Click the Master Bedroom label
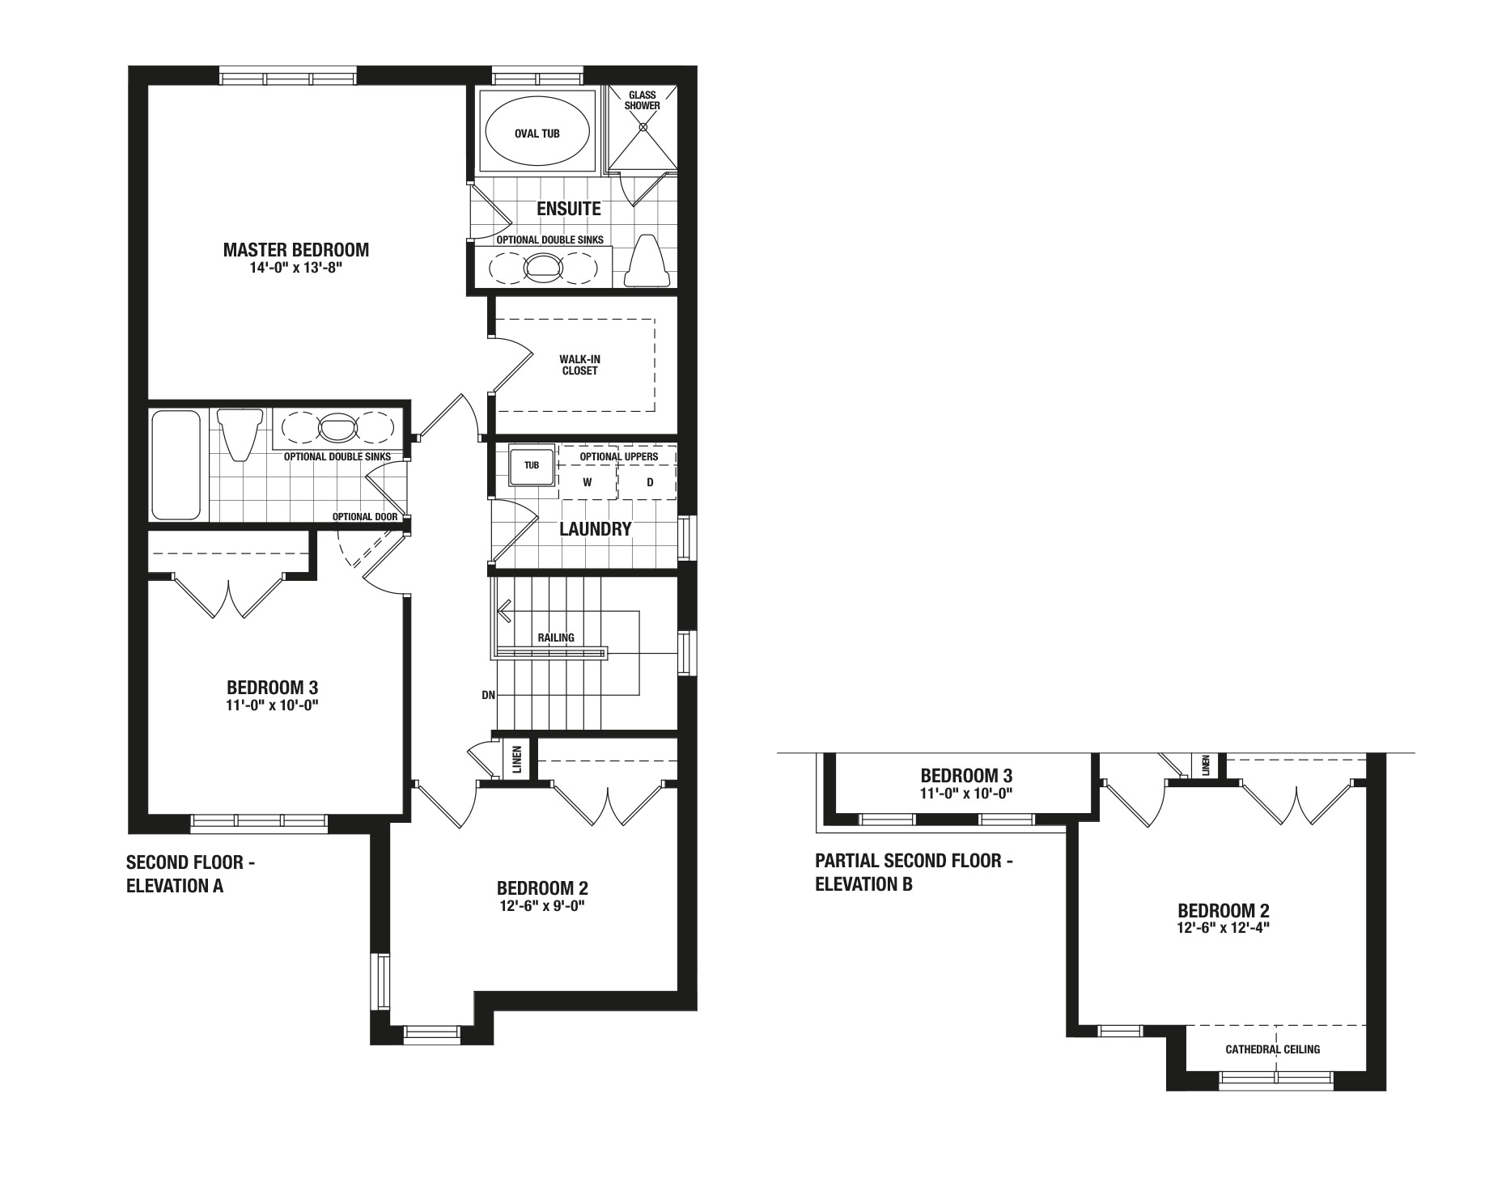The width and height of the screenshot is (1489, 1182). (x=295, y=250)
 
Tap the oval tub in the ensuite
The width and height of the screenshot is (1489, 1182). (x=537, y=133)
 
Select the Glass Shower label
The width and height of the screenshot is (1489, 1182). (x=642, y=100)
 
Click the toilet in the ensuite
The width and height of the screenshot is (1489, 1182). (x=647, y=261)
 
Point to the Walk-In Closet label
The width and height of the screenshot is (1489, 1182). (x=579, y=365)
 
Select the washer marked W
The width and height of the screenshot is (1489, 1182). (x=588, y=483)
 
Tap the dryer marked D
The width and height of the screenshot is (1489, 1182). (x=649, y=483)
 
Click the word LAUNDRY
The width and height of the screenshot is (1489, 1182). (x=596, y=530)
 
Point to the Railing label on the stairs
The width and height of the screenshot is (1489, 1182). (x=556, y=638)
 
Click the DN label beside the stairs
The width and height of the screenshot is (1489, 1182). (x=488, y=695)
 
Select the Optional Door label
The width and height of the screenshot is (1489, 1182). (x=365, y=517)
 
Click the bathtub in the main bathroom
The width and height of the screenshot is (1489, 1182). (x=176, y=465)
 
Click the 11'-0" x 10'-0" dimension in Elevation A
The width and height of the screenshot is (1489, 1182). (x=273, y=705)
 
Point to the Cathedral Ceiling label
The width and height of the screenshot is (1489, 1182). (x=1272, y=1049)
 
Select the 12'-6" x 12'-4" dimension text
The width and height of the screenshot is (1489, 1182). (x=1223, y=928)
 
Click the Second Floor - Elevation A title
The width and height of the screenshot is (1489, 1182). (x=191, y=874)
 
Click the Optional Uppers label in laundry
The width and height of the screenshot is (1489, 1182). (x=619, y=456)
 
